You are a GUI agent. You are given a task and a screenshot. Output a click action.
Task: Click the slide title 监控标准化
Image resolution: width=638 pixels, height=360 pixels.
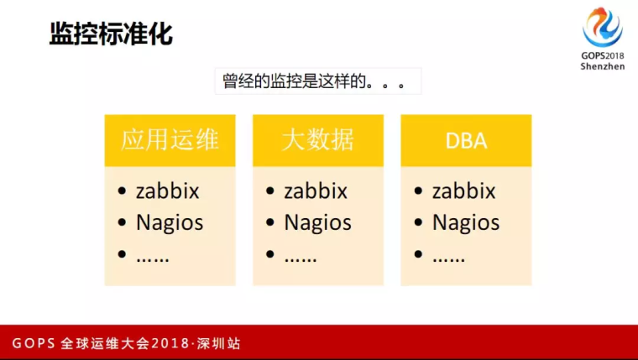coord(111,34)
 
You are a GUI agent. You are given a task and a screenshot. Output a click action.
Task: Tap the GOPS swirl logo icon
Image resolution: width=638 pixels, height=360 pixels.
coord(603,27)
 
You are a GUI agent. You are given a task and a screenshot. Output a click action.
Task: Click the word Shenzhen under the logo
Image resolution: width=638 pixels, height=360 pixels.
coord(603,66)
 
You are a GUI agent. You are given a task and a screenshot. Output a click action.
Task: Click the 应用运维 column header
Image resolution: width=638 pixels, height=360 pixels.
coord(170,140)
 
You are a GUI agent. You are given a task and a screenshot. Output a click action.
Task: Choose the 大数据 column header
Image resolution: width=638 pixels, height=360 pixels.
coord(318,140)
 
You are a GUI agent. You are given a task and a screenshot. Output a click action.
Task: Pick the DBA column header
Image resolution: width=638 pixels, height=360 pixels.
coord(466,141)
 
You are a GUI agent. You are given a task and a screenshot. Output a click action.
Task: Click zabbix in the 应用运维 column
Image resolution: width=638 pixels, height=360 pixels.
coord(168,190)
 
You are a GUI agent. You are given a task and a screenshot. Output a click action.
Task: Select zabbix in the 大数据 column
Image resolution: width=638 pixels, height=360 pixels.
coord(316,190)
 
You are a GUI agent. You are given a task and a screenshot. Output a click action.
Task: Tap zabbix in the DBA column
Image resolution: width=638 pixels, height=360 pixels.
coord(464,190)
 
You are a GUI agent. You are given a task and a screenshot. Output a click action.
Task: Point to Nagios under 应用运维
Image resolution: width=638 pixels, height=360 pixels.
coord(170,223)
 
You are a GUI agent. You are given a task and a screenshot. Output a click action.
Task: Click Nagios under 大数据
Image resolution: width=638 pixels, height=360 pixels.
coord(318,223)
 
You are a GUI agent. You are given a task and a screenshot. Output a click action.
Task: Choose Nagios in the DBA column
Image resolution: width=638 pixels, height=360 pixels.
coord(466,223)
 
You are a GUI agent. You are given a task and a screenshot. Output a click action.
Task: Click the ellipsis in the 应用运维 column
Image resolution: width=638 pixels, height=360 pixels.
coord(153,258)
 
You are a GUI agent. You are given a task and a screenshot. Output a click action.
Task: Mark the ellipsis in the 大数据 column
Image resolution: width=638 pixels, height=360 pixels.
coord(301,258)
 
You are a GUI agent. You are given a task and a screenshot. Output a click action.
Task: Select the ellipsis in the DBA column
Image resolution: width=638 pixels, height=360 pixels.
coord(449,258)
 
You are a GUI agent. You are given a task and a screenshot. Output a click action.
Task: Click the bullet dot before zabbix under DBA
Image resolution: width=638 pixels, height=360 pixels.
coord(418,190)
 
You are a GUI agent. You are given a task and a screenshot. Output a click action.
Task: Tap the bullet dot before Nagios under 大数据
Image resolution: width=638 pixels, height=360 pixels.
coord(269,222)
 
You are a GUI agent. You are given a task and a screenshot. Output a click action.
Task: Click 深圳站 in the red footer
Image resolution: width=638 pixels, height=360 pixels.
coord(218,343)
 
